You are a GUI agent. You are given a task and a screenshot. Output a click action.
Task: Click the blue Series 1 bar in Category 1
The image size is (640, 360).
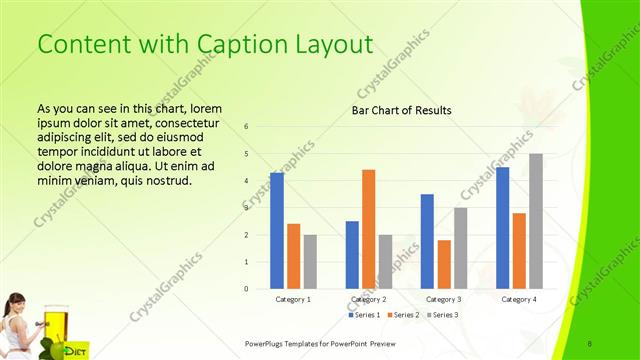pos(277,231)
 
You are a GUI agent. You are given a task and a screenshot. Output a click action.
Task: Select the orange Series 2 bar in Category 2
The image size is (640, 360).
pos(369,229)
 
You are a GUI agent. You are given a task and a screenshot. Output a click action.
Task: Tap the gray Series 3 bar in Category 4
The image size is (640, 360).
pos(536,221)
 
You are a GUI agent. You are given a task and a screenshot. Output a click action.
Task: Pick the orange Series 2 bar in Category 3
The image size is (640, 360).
pos(444,264)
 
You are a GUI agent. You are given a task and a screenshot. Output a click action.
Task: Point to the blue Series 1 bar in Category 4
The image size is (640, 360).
pos(502,228)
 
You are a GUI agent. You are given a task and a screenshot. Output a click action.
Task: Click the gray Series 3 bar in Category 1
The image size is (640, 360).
pos(311,262)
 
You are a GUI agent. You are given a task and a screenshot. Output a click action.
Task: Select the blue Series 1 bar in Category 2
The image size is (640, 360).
pos(352,255)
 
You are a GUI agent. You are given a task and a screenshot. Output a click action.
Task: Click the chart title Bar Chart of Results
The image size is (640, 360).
pos(401,110)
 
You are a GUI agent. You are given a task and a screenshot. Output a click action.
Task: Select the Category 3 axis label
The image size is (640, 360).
pos(443,299)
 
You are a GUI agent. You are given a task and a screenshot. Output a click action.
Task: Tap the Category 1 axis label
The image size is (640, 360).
pos(293,299)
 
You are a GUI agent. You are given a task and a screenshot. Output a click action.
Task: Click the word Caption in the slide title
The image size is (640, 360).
pos(241,45)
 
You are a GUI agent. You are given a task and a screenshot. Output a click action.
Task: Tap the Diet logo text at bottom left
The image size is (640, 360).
pos(74,350)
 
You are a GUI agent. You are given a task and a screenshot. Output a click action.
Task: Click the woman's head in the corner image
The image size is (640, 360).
pos(17,301)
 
